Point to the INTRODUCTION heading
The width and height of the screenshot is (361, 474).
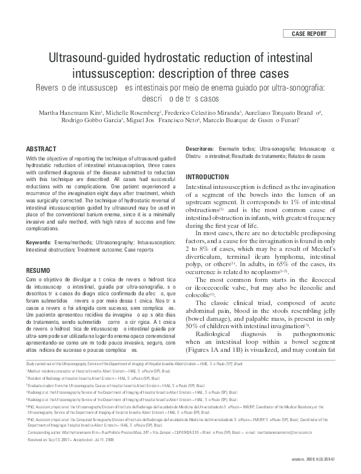point(212,177)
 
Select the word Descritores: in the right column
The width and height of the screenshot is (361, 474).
point(200,149)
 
